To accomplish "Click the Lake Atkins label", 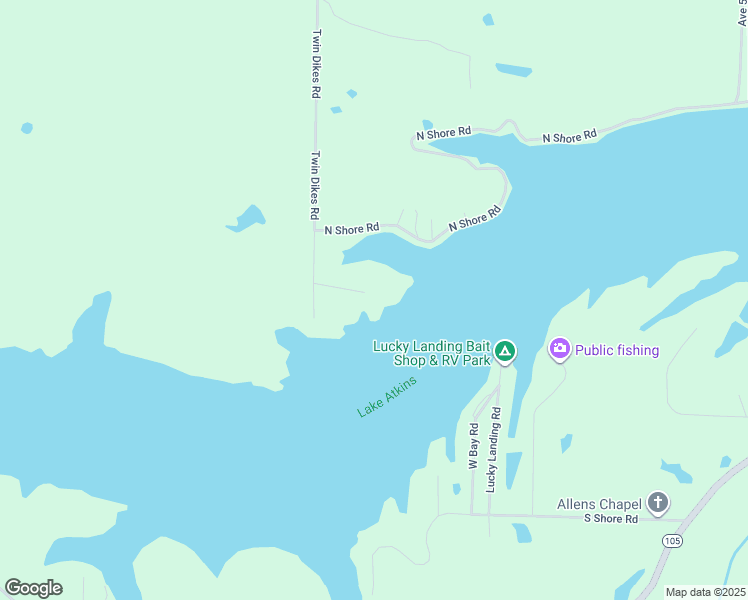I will point(387,397).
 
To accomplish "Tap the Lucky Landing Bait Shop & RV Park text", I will point(432,353).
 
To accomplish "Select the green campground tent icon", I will point(506,351).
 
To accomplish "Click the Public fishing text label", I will point(617,350).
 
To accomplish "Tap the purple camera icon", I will point(559,349).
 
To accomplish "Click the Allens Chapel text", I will point(600,503).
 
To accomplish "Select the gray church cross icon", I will point(657,502).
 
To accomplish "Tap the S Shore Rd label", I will point(610,519).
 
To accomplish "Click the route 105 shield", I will point(672,540).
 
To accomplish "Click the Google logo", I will point(33,588).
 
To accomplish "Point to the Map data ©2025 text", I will point(705,592).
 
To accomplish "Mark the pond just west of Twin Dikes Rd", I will point(246,218).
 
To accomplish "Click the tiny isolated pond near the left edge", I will point(26,128).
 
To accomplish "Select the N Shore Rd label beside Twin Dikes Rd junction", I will point(352,229).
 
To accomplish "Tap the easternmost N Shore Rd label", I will point(569,135).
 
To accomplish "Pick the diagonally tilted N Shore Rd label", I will point(474,220).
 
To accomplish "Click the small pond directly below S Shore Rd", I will point(522,533).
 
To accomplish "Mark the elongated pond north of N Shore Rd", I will point(514,70).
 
